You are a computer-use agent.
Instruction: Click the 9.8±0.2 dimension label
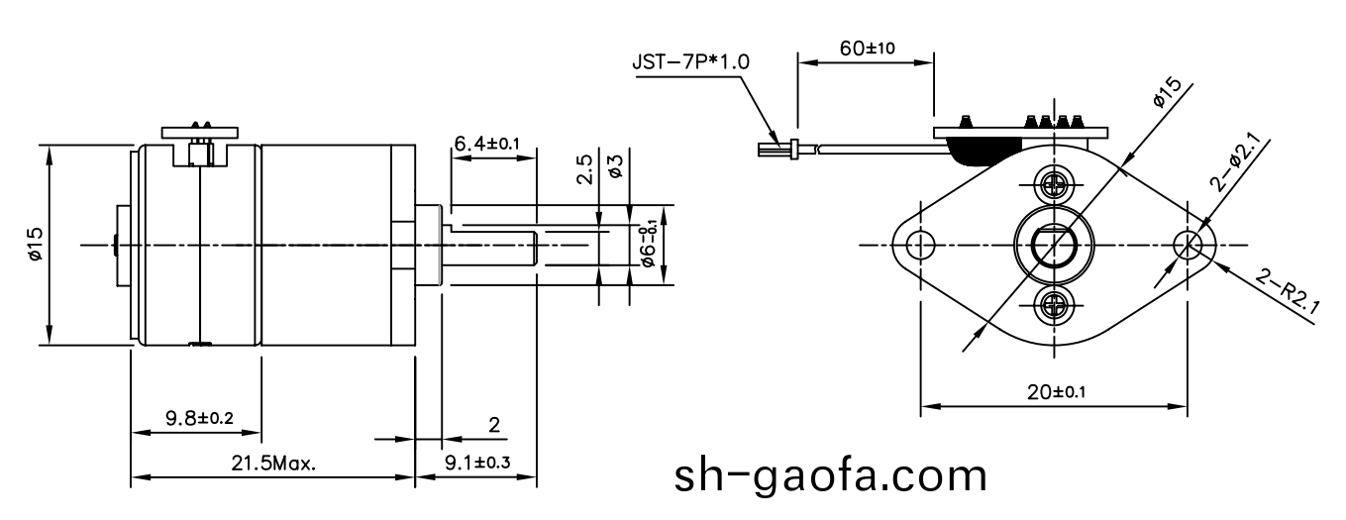coord(198,419)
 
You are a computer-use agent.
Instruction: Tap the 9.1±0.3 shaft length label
coord(477,463)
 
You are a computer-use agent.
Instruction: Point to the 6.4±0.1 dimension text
coord(487,145)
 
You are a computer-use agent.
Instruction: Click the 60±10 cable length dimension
coord(868,49)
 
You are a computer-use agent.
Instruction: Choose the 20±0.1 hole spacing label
coord(1054,392)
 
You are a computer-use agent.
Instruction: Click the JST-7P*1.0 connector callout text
coord(690,61)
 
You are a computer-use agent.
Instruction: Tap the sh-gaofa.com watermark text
coord(830,476)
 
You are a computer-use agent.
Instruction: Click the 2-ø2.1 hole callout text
coord(1237,164)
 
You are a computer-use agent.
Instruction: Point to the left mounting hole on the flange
coord(920,244)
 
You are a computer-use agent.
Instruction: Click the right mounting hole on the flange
coord(1187,244)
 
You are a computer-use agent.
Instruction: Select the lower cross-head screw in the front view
coord(1052,305)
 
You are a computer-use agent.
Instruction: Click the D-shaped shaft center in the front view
coord(1052,244)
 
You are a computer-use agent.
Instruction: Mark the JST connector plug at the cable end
coord(777,150)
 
